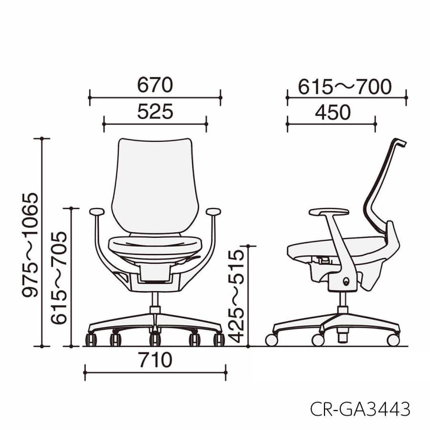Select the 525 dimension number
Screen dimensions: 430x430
pos(155,111)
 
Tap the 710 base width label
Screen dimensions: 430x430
pos(155,360)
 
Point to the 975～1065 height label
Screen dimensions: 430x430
pos(30,245)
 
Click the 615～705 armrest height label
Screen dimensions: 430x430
pos(59,278)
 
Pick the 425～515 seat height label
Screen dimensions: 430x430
pos(236,296)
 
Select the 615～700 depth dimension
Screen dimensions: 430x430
pos(344,86)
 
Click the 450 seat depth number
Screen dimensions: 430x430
pos(333,112)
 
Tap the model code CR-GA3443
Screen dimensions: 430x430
pos(360,408)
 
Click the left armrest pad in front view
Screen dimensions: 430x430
pos(97,212)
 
